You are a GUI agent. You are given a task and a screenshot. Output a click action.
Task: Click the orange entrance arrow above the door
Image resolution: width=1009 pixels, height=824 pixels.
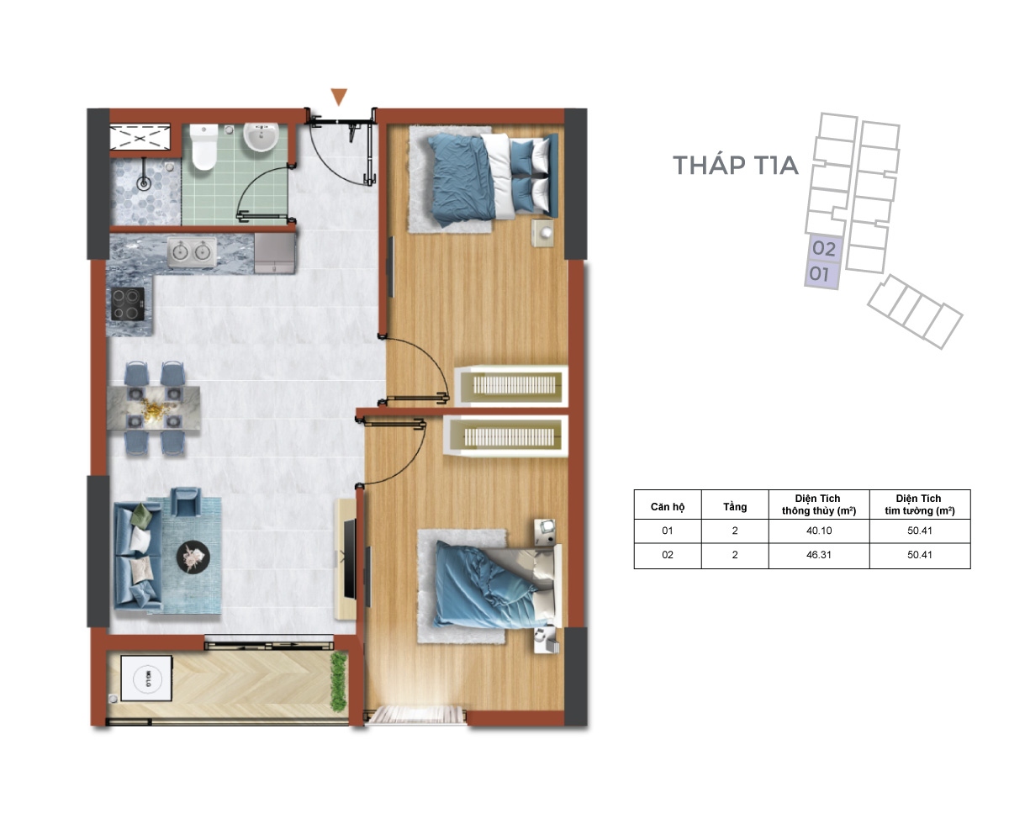pyautogui.click(x=338, y=96)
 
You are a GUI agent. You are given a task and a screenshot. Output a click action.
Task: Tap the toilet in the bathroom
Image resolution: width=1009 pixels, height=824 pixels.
pyautogui.click(x=203, y=147)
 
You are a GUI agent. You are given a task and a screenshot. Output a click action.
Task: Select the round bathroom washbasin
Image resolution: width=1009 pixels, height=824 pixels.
pyautogui.click(x=261, y=136)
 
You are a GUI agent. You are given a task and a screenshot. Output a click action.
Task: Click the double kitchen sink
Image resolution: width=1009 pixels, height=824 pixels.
pyautogui.click(x=192, y=251)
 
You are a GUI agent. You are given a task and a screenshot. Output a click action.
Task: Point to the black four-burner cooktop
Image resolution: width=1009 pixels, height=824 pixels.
pyautogui.click(x=128, y=304)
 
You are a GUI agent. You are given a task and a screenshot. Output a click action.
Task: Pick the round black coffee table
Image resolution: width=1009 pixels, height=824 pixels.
pyautogui.click(x=193, y=557)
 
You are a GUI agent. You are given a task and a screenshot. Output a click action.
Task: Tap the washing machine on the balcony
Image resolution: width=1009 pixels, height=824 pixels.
pyautogui.click(x=146, y=678)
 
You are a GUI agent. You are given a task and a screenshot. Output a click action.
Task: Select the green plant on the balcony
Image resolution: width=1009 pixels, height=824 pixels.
pyautogui.click(x=339, y=681)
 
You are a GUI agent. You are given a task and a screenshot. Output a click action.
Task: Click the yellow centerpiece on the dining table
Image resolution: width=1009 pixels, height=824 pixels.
pyautogui.click(x=154, y=409)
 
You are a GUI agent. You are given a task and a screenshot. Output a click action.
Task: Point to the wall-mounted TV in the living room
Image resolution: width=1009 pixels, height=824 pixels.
pyautogui.click(x=351, y=558)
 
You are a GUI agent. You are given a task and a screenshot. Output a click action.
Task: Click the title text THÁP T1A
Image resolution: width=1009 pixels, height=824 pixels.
pyautogui.click(x=736, y=165)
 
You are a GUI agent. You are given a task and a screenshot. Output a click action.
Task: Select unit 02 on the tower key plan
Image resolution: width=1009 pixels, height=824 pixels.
pyautogui.click(x=824, y=248)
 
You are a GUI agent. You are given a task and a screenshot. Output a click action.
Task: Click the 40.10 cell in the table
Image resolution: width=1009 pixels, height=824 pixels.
pyautogui.click(x=819, y=531)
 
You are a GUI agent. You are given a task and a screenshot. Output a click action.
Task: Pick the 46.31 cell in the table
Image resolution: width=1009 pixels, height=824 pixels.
pyautogui.click(x=819, y=555)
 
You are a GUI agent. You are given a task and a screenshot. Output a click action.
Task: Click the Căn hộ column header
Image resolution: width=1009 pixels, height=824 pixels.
pyautogui.click(x=668, y=506)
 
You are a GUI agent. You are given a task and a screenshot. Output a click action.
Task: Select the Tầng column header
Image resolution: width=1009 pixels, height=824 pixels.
pyautogui.click(x=735, y=506)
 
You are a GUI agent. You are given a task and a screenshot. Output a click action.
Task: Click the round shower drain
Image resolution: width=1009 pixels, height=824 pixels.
pyautogui.click(x=144, y=182)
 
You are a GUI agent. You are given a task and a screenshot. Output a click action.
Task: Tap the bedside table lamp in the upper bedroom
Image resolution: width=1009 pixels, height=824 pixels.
pyautogui.click(x=546, y=233)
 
